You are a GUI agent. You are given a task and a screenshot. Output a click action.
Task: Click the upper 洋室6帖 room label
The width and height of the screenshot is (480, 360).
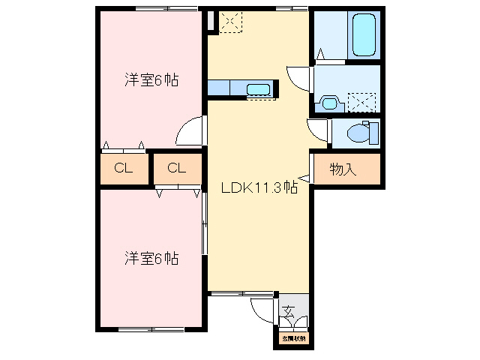[x=151, y=80]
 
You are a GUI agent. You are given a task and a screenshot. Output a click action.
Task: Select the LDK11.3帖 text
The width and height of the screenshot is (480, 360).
[x=259, y=188]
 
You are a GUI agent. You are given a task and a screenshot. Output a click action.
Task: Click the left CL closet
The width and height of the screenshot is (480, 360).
[x=124, y=168]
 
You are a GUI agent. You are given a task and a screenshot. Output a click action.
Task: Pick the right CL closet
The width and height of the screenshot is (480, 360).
[x=177, y=168]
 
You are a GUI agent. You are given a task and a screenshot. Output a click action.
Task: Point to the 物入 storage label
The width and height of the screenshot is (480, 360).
[x=343, y=169]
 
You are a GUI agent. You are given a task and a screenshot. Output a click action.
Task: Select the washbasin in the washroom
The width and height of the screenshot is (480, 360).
[x=328, y=101]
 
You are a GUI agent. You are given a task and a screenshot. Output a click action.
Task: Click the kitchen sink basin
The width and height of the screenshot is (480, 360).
[x=258, y=91]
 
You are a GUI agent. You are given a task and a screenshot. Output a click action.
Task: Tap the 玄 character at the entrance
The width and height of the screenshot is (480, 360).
[x=289, y=310]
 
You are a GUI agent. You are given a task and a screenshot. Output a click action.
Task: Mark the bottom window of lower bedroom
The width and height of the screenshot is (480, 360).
[x=150, y=329]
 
